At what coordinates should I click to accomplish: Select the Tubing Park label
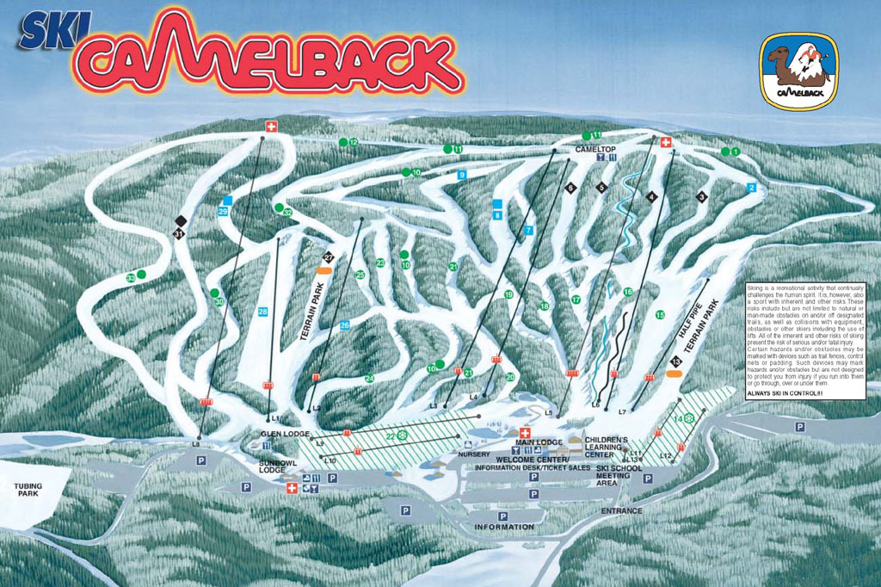28,491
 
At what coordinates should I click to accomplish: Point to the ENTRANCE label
622,511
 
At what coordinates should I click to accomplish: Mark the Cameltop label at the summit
591,148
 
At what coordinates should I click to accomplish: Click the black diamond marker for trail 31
180,221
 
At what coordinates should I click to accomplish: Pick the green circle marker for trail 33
141,275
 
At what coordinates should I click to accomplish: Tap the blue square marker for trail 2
751,187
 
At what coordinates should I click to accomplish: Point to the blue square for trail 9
462,175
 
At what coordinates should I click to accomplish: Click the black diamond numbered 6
569,187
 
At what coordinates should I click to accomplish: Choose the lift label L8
196,442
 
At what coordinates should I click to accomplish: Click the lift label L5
549,412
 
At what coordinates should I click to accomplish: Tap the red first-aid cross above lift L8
272,127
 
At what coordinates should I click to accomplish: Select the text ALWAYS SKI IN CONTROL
798,393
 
